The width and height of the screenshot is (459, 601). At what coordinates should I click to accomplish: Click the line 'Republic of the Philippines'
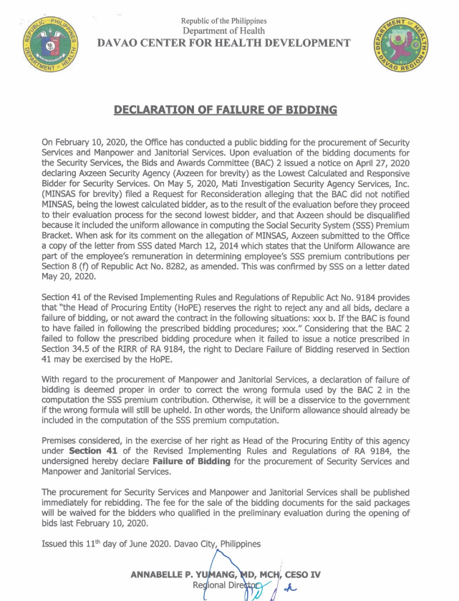(223, 20)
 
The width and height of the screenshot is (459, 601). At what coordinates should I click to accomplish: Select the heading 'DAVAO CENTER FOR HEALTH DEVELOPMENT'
(223, 44)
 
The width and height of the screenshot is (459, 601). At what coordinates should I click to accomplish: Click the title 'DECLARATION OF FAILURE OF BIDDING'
(226, 110)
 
